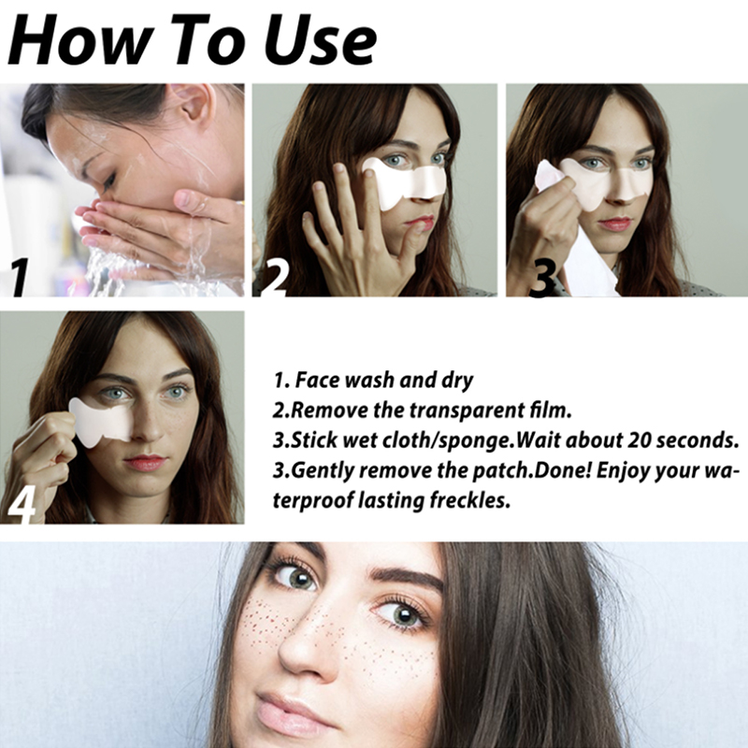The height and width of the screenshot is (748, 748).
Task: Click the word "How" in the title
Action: (x=81, y=40)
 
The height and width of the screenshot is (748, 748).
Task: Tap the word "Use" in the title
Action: (x=320, y=40)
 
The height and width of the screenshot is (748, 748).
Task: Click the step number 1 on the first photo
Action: (x=19, y=277)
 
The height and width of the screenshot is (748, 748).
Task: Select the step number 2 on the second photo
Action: (x=274, y=277)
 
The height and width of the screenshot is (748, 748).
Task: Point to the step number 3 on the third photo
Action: (x=542, y=279)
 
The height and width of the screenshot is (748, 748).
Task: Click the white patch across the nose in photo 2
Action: (x=405, y=182)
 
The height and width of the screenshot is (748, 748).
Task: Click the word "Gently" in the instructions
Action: (x=322, y=471)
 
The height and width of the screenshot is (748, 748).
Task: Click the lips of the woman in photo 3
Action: (x=615, y=223)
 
